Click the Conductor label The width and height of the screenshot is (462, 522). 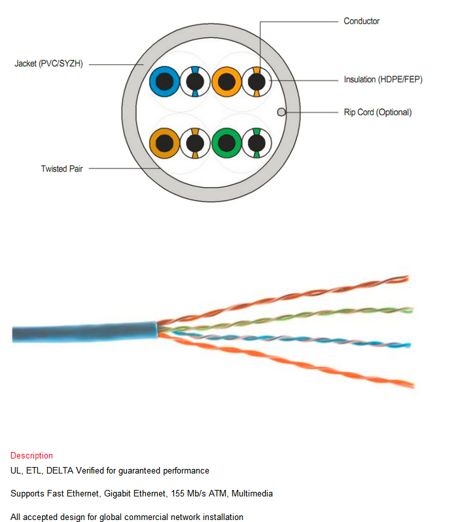click(x=361, y=21)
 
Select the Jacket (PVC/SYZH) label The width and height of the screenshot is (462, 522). click(x=48, y=64)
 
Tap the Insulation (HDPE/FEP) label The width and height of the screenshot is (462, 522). click(x=383, y=79)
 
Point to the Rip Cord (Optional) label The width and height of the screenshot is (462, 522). click(x=378, y=112)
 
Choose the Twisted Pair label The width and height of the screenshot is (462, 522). click(x=62, y=169)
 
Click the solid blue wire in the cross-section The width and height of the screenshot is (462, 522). click(x=165, y=82)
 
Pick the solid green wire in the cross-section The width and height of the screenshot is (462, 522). click(x=227, y=143)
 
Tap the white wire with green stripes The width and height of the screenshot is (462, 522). click(x=257, y=143)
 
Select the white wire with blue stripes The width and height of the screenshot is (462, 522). click(x=195, y=82)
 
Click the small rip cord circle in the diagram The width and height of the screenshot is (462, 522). click(x=281, y=112)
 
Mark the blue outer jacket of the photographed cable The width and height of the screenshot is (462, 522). click(x=84, y=332)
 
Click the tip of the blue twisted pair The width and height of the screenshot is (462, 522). click(x=410, y=345)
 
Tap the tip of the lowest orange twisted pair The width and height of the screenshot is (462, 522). click(x=414, y=386)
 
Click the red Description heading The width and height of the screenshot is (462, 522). click(x=31, y=455)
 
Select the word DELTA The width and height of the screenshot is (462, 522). click(x=60, y=471)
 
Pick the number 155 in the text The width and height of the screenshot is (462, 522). click(x=178, y=493)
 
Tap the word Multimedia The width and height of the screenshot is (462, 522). click(x=252, y=493)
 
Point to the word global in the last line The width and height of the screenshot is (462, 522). click(x=111, y=517)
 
